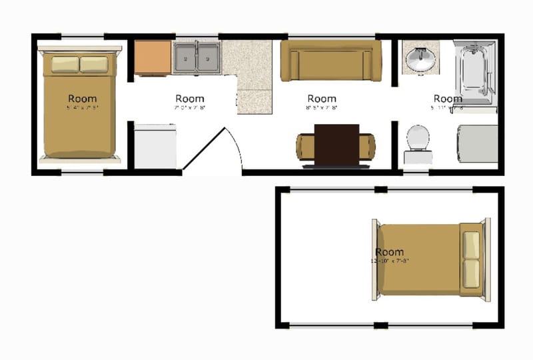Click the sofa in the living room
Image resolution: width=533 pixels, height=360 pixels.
click(330, 62)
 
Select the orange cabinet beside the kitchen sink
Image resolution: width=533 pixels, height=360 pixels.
click(153, 58)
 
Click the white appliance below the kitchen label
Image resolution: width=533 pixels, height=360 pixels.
click(155, 147)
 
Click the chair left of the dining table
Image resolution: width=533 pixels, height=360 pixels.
click(305, 147)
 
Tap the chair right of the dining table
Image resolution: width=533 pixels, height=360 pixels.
click(367, 147)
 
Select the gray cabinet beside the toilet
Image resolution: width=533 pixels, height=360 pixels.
click(477, 143)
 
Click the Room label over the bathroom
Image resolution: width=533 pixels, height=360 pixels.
click(448, 99)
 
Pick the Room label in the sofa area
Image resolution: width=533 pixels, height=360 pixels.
click(322, 99)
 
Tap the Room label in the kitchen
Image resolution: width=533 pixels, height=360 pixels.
click(190, 99)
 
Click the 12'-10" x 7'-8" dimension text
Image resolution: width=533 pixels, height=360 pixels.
click(390, 261)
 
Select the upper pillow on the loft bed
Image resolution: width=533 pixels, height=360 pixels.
click(472, 245)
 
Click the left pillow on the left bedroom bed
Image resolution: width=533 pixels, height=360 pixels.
click(65, 64)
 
